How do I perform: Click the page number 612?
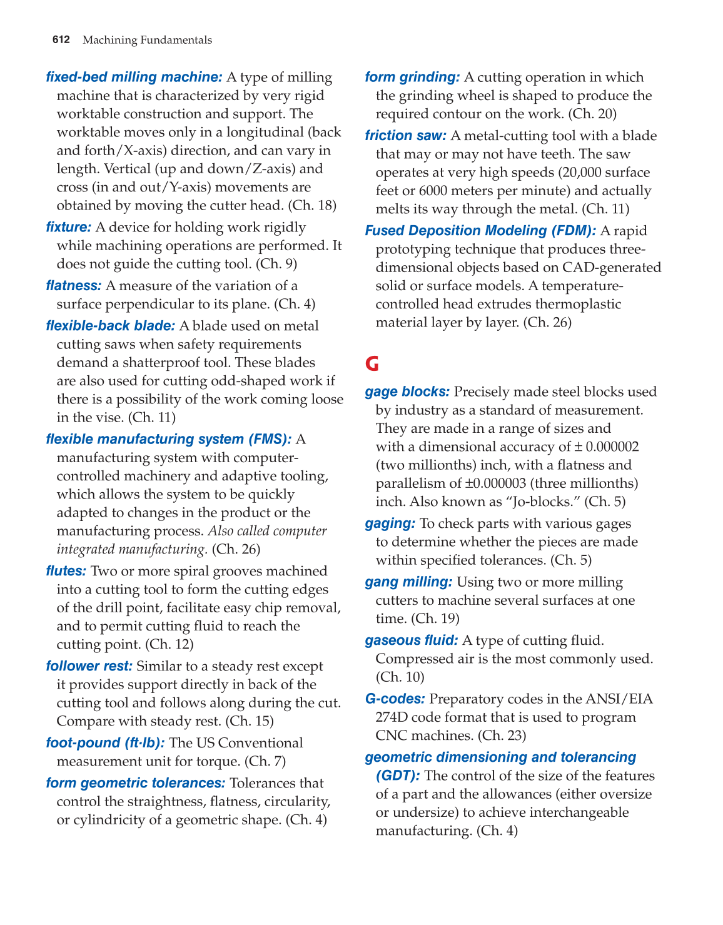(x=61, y=40)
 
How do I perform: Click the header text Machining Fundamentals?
(x=147, y=40)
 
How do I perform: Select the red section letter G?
(x=372, y=363)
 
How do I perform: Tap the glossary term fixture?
(x=69, y=227)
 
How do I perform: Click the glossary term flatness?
(x=73, y=286)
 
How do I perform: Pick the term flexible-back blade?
(x=110, y=326)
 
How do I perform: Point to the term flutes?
(x=66, y=571)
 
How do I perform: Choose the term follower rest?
(x=89, y=666)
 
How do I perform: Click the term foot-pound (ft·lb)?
(x=105, y=743)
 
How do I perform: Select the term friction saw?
(x=405, y=136)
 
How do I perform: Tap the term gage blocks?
(x=407, y=392)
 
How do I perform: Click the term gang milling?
(x=408, y=582)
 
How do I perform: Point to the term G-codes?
(x=395, y=699)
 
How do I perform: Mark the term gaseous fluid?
(x=412, y=640)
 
